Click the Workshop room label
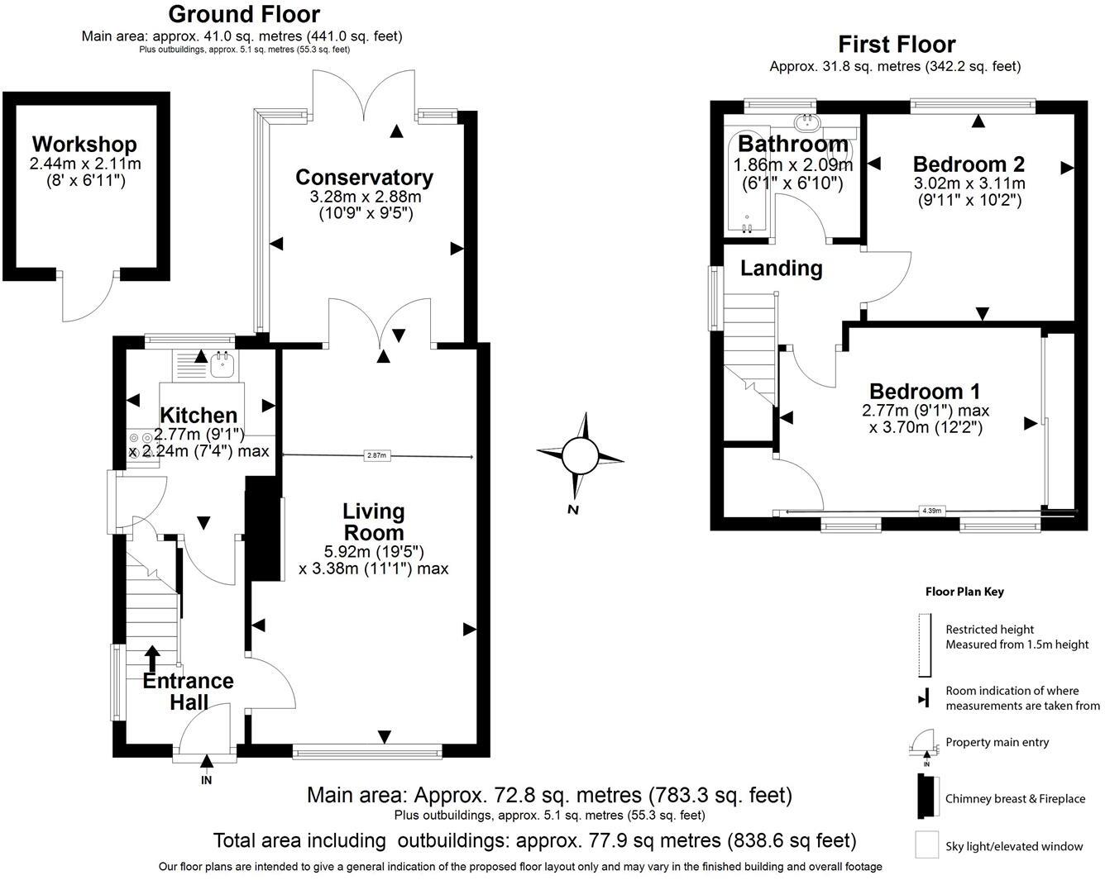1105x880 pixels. click(x=84, y=145)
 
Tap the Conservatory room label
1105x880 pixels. click(x=364, y=178)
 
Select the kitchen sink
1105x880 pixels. click(x=222, y=364)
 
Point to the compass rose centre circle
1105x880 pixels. click(x=580, y=455)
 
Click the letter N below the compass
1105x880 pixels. click(x=572, y=509)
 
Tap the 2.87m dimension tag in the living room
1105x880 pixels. click(x=377, y=455)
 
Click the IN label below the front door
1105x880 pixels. click(x=206, y=780)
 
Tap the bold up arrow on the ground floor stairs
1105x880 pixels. click(x=153, y=659)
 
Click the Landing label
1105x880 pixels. click(x=781, y=268)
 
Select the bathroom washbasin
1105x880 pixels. click(x=806, y=124)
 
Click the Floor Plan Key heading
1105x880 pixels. click(x=964, y=592)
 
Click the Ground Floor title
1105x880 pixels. click(x=244, y=14)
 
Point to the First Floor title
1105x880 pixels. click(x=897, y=44)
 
